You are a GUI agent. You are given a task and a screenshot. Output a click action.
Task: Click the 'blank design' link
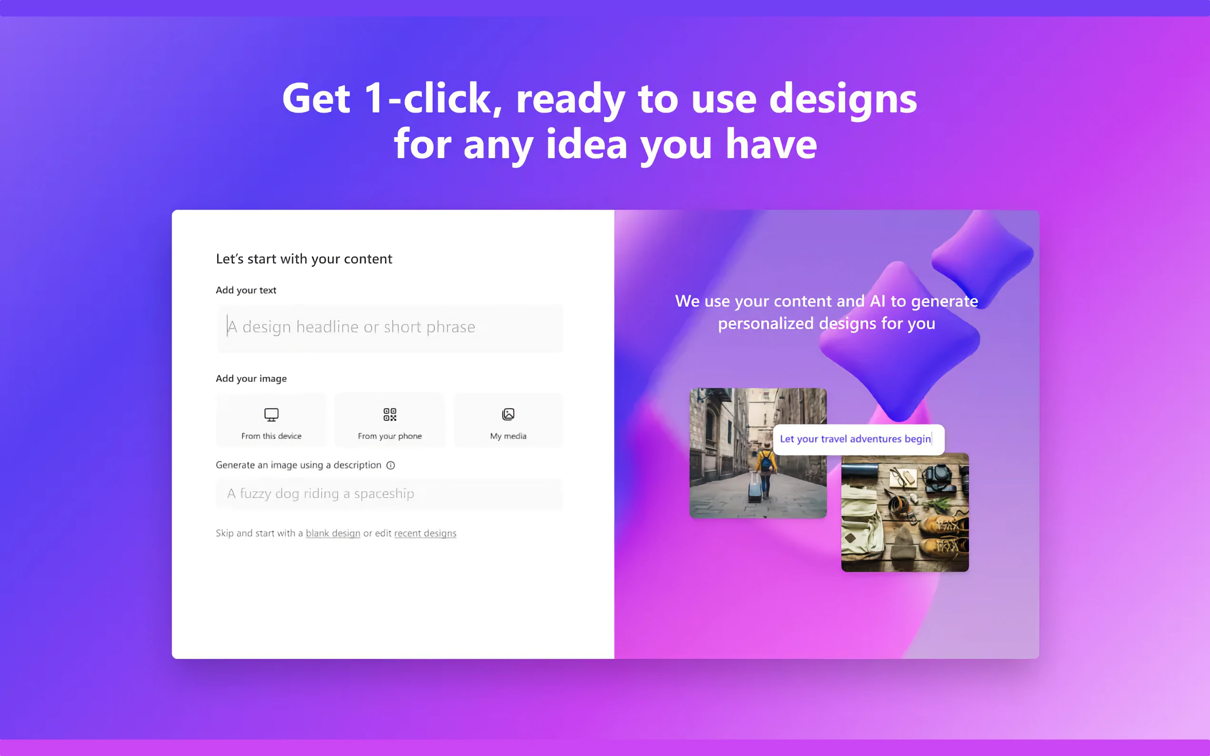coord(333,533)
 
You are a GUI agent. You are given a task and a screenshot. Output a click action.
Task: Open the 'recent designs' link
coord(425,533)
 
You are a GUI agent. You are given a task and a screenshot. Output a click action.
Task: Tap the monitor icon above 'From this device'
coord(271,415)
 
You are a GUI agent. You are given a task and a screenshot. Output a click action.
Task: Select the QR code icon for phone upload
coord(390,415)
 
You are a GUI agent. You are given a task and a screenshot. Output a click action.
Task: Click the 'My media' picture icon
coord(508,415)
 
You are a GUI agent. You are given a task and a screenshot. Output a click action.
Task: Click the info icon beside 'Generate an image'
coord(391,466)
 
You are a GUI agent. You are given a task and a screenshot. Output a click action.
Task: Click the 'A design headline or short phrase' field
coord(390,328)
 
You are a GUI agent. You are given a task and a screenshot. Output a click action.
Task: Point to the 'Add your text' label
coord(246,290)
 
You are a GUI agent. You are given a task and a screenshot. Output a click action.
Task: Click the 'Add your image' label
coord(251,378)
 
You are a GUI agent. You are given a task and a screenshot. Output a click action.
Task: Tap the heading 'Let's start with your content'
coord(304,259)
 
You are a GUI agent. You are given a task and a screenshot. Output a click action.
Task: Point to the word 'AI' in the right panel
coord(878,301)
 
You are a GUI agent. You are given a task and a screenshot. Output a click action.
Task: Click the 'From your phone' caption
coord(390,436)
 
